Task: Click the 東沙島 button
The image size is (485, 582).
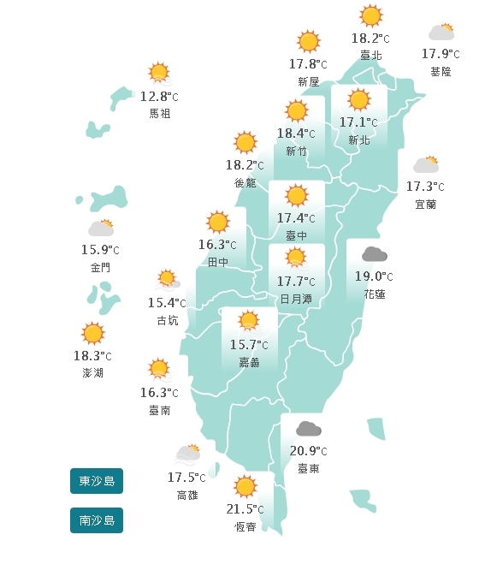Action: pos(97,481)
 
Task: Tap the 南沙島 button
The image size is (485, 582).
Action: pos(97,520)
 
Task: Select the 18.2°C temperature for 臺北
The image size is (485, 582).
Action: pos(370,39)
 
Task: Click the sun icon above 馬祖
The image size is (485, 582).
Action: pos(158,73)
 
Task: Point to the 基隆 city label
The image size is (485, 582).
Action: pos(441,72)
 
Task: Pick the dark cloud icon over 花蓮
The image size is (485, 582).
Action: pos(373,254)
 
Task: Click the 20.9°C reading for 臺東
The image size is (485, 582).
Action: pos(308,451)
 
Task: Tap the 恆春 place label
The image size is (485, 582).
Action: pos(245,526)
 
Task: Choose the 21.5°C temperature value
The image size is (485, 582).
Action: pos(245,509)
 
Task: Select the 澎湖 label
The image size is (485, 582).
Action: pos(93,373)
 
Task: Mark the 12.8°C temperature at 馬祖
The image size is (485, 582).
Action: pos(159,96)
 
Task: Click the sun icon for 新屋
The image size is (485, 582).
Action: pos(308,41)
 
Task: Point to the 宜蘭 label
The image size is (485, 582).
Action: pos(425,204)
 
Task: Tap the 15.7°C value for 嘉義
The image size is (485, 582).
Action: pos(249,345)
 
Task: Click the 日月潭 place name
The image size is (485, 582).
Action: pos(296,298)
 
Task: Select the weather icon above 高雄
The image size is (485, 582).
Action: pos(188,454)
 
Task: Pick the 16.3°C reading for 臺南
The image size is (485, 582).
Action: pos(159,393)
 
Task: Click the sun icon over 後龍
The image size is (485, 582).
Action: pos(245,142)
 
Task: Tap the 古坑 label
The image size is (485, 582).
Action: pos(168,320)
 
